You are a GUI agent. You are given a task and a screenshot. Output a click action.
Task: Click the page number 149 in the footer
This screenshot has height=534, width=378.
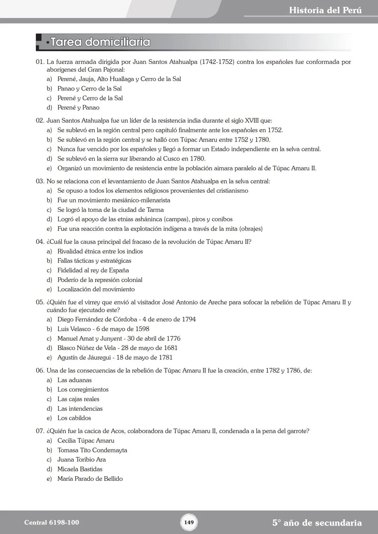pos(189,522)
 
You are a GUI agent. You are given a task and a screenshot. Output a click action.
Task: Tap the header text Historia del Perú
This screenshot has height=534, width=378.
pos(325,10)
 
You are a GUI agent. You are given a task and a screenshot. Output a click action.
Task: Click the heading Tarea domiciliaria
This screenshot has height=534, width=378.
pos(100,42)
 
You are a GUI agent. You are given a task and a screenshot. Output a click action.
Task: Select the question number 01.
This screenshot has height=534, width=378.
pos(40,62)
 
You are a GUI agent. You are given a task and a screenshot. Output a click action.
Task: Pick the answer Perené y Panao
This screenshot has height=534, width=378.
pos(78,108)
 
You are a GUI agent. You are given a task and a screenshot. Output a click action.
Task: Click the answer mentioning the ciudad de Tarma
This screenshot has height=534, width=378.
pos(110,210)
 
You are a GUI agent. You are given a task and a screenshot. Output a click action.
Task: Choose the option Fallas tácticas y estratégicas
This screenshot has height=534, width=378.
pos(94,261)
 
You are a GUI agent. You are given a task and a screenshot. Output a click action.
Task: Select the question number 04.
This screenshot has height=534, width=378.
pos(40,242)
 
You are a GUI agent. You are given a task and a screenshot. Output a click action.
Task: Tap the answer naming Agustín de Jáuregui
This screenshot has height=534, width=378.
pos(115,357)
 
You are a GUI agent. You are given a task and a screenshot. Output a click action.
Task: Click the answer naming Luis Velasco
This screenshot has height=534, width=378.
pos(103,329)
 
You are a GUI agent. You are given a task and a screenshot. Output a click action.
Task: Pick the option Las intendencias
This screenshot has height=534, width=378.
pos(80,408)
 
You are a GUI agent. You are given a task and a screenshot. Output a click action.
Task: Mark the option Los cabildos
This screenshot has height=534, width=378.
pos(74,418)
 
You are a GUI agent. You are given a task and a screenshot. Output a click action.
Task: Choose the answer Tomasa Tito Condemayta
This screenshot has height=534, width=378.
pos(92,450)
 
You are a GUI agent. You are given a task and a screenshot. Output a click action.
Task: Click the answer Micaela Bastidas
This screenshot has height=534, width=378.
pos(80,469)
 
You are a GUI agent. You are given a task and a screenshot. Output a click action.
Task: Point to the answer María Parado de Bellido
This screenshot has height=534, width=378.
pos(90,479)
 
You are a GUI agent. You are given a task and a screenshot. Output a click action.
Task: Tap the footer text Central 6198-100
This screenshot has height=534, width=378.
pos(51,522)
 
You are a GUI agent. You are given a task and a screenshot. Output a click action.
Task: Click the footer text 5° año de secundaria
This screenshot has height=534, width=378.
pos(317,523)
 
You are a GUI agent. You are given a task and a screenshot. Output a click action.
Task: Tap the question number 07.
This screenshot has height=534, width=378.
pos(40,431)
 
